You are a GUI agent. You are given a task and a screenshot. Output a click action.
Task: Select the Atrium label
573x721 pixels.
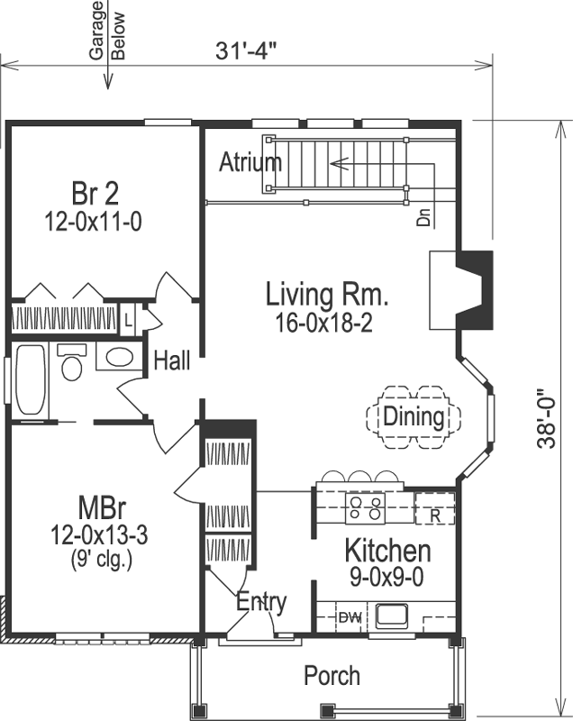point(250,163)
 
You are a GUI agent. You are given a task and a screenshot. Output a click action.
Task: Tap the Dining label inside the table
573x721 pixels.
point(414,416)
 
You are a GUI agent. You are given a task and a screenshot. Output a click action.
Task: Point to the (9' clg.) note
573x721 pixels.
point(100,559)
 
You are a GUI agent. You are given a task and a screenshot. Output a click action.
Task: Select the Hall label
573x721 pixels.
point(171,361)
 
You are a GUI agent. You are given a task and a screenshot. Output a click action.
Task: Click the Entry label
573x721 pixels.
point(261,602)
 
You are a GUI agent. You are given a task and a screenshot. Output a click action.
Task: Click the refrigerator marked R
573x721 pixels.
point(434,516)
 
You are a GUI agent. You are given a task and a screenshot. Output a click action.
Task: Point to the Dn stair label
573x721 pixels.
point(423,217)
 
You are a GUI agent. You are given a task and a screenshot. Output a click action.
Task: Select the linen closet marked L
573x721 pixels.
point(128,319)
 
